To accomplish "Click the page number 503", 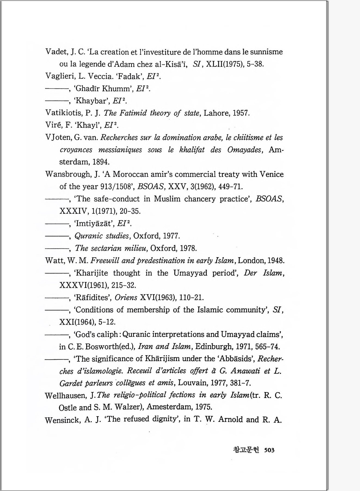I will click(269, 450).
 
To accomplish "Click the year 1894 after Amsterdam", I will click(101, 162).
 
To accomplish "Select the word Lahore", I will click(216, 113).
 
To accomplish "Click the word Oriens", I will click(126, 297).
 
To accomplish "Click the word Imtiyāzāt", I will click(94, 223).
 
